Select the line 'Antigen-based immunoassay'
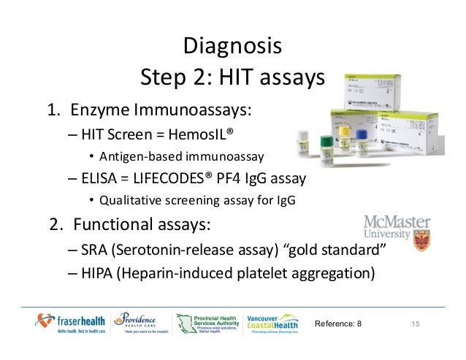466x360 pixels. click(x=182, y=156)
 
